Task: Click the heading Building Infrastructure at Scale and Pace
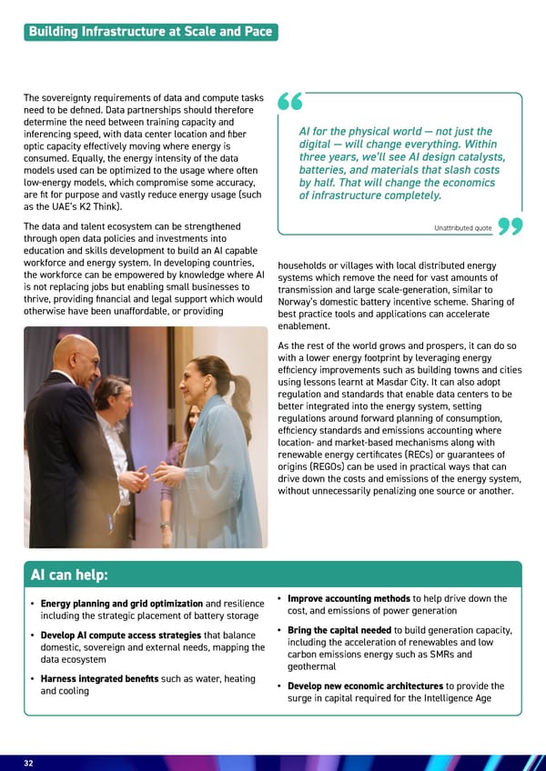click(150, 32)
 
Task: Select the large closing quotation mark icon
click(511, 227)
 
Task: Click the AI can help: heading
click(69, 575)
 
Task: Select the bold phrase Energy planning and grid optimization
click(121, 604)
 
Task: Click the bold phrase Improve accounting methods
click(349, 598)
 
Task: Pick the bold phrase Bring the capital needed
click(340, 631)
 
